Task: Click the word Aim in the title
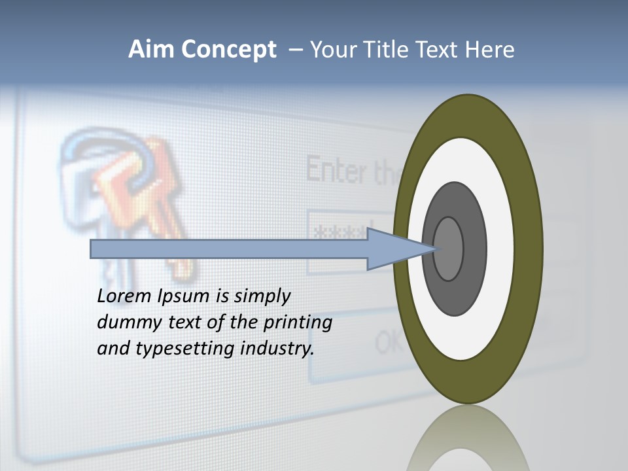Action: tap(150, 50)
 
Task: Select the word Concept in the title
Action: tap(229, 50)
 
